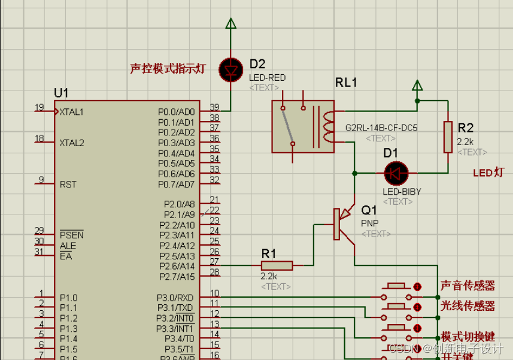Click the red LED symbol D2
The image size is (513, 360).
pyautogui.click(x=230, y=69)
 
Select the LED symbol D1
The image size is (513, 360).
pyautogui.click(x=396, y=174)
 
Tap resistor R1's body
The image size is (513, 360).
pyautogui.click(x=277, y=265)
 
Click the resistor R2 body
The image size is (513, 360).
pyautogui.click(x=448, y=137)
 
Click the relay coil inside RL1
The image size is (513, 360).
pyautogui.click(x=327, y=126)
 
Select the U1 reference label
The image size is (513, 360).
pyautogui.click(x=61, y=93)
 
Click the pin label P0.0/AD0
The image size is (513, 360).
pyautogui.click(x=177, y=112)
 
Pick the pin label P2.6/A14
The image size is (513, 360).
pyautogui.click(x=177, y=266)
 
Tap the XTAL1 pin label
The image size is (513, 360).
pyautogui.click(x=72, y=112)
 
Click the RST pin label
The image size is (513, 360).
pyautogui.click(x=68, y=184)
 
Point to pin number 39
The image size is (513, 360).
pyautogui.click(x=214, y=108)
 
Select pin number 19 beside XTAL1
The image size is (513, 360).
pyautogui.click(x=40, y=108)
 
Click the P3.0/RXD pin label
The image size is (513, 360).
pyautogui.click(x=175, y=297)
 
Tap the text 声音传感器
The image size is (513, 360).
pyautogui.click(x=468, y=286)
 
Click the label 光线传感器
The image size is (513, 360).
pyautogui.click(x=468, y=306)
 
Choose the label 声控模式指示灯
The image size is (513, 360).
pyautogui.click(x=168, y=69)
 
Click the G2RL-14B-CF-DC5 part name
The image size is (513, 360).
pyautogui.click(x=381, y=128)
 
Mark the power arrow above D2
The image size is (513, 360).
pyautogui.click(x=230, y=25)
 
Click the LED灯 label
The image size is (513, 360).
pyautogui.click(x=488, y=173)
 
